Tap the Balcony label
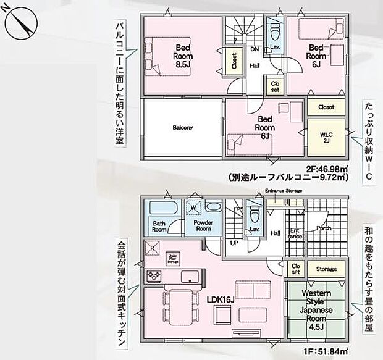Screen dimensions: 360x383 [x=182, y=128]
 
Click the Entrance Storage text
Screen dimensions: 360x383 [x=284, y=191]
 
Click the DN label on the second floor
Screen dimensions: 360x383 [x=254, y=49]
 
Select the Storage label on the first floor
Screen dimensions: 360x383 [x=327, y=269]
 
